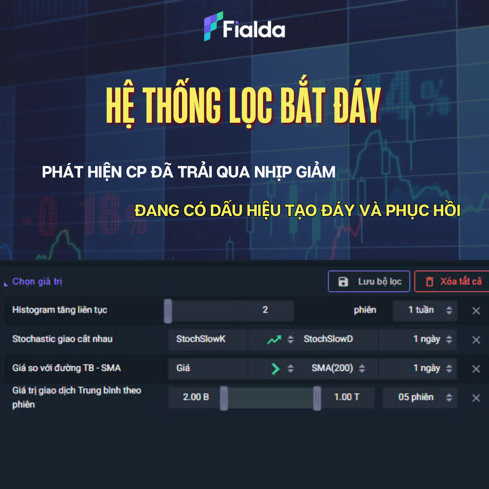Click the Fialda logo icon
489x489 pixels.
(213, 26)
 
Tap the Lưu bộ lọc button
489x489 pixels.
(369, 281)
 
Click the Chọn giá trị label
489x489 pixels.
(37, 281)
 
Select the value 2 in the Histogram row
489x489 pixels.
(265, 310)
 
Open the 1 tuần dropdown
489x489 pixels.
(425, 310)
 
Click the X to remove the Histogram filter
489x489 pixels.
(476, 311)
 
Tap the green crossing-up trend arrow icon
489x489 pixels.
(274, 339)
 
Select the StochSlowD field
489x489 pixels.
(328, 339)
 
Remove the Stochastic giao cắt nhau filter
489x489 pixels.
(476, 340)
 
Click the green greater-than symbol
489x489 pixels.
(275, 369)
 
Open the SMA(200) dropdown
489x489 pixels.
(338, 368)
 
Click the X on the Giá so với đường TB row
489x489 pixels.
(476, 369)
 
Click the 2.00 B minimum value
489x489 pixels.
(196, 397)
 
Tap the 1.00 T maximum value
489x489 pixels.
(346, 397)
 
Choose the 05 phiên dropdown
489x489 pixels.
(420, 398)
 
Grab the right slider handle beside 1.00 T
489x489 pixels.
(317, 398)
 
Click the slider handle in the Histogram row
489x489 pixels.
(168, 311)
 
